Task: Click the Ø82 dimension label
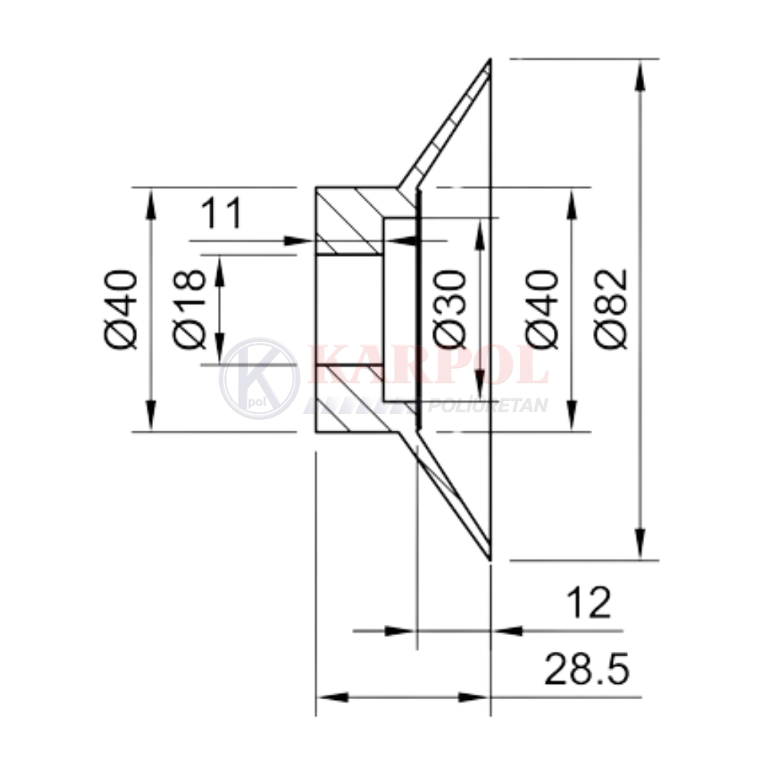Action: [610, 309]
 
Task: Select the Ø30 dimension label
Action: [449, 309]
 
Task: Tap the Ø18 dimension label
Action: [189, 309]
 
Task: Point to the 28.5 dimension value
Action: [587, 669]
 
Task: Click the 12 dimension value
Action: [589, 603]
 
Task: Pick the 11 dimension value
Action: [221, 213]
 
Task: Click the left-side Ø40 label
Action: [121, 309]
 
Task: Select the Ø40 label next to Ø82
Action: [542, 309]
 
